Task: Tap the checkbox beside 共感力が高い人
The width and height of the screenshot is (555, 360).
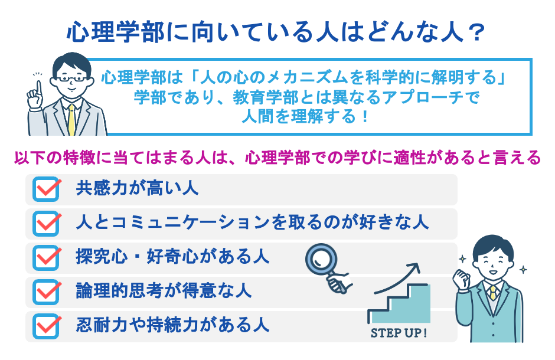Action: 47,189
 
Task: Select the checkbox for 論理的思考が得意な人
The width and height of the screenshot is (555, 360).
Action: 47,291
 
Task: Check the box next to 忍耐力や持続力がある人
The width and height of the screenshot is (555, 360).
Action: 47,325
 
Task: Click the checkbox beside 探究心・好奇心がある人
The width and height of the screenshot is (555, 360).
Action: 47,257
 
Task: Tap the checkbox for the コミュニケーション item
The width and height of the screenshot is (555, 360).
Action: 47,223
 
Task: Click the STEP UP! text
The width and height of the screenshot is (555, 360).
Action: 399,332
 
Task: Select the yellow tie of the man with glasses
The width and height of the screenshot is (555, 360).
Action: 71,119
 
